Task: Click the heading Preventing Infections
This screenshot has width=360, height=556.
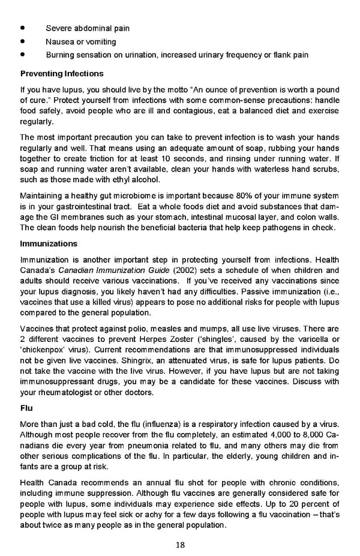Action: pyautogui.click(x=62, y=74)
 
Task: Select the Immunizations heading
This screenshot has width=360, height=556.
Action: pyautogui.click(x=49, y=244)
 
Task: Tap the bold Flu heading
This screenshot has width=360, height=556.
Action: pyautogui.click(x=26, y=408)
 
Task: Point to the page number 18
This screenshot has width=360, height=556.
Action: pyautogui.click(x=180, y=545)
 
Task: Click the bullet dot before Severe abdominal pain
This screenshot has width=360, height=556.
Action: pyautogui.click(x=23, y=28)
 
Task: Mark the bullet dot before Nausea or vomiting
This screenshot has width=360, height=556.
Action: pyautogui.click(x=23, y=42)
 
